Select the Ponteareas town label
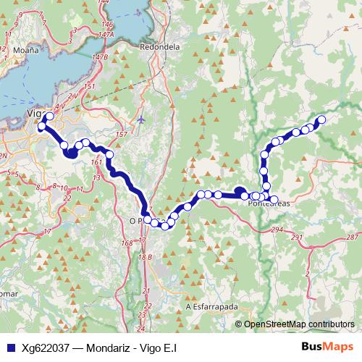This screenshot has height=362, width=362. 269,204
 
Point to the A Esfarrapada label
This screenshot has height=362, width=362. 212,306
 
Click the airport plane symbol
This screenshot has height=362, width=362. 140,118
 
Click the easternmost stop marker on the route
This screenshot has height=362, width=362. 321,119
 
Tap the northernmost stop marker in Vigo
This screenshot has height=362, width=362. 49,116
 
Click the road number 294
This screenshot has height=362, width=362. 276,229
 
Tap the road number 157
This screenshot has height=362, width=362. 120,135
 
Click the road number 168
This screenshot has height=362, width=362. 127,243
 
